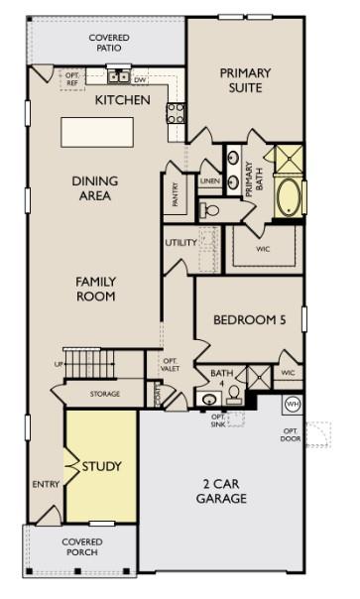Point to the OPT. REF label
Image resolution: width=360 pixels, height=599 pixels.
tap(72, 78)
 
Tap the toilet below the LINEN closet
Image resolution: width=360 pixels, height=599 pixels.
tap(209, 209)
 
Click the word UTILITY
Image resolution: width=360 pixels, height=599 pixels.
tap(180, 242)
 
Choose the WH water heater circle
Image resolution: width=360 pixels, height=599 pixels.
tap(293, 404)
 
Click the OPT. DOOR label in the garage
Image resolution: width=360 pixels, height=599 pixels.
tap(291, 434)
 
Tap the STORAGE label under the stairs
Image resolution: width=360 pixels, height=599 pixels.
tap(104, 394)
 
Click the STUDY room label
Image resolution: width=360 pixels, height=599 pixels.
tap(101, 465)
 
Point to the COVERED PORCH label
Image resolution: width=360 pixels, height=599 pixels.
tap(82, 547)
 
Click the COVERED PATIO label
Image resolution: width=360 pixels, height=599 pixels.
tap(109, 42)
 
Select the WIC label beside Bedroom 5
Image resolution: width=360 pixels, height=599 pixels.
tap(288, 373)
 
